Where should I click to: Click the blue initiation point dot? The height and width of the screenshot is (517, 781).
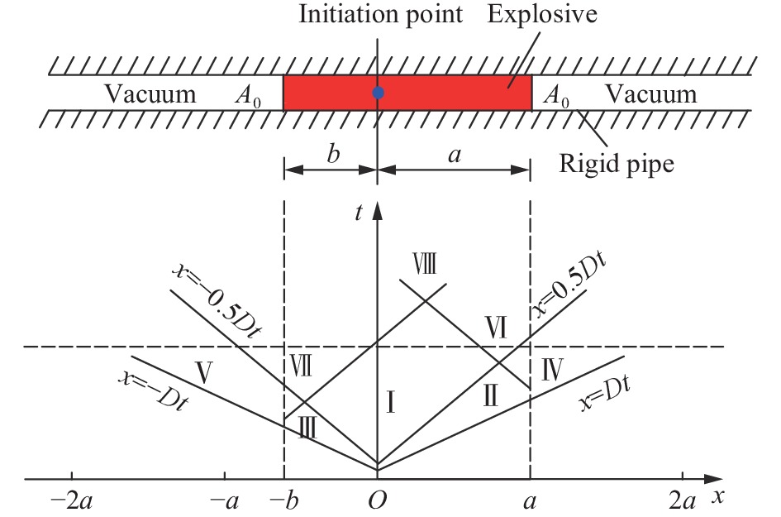(378, 93)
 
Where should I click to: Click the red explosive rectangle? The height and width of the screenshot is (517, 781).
(446, 93)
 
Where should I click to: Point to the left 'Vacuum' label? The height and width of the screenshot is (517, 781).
(150, 94)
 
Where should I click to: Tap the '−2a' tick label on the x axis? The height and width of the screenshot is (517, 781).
(74, 501)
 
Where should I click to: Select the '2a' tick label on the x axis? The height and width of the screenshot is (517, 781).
(682, 501)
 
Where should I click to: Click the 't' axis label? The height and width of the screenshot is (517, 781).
(359, 213)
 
